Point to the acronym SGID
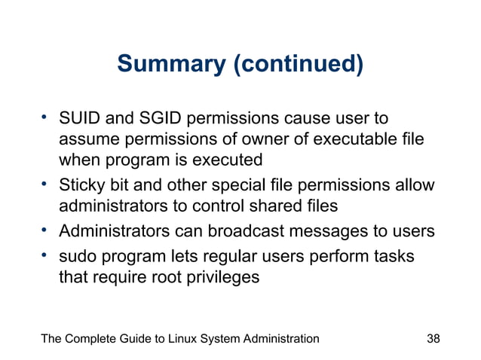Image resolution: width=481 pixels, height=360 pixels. tap(159, 120)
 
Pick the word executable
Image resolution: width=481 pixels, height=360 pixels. tap(351, 140)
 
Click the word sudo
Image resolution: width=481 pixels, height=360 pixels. tap(78, 256)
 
